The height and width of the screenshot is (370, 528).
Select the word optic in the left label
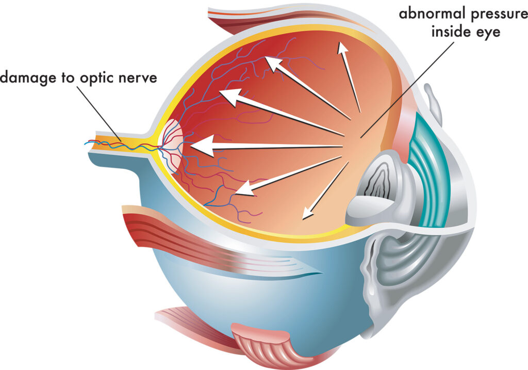[x=96, y=78]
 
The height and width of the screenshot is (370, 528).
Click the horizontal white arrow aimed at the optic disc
[x=268, y=147]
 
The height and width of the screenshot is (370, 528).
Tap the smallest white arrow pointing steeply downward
[x=325, y=191]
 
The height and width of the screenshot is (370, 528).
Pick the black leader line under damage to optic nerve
[x=101, y=111]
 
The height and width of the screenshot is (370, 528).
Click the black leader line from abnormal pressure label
[x=407, y=88]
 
